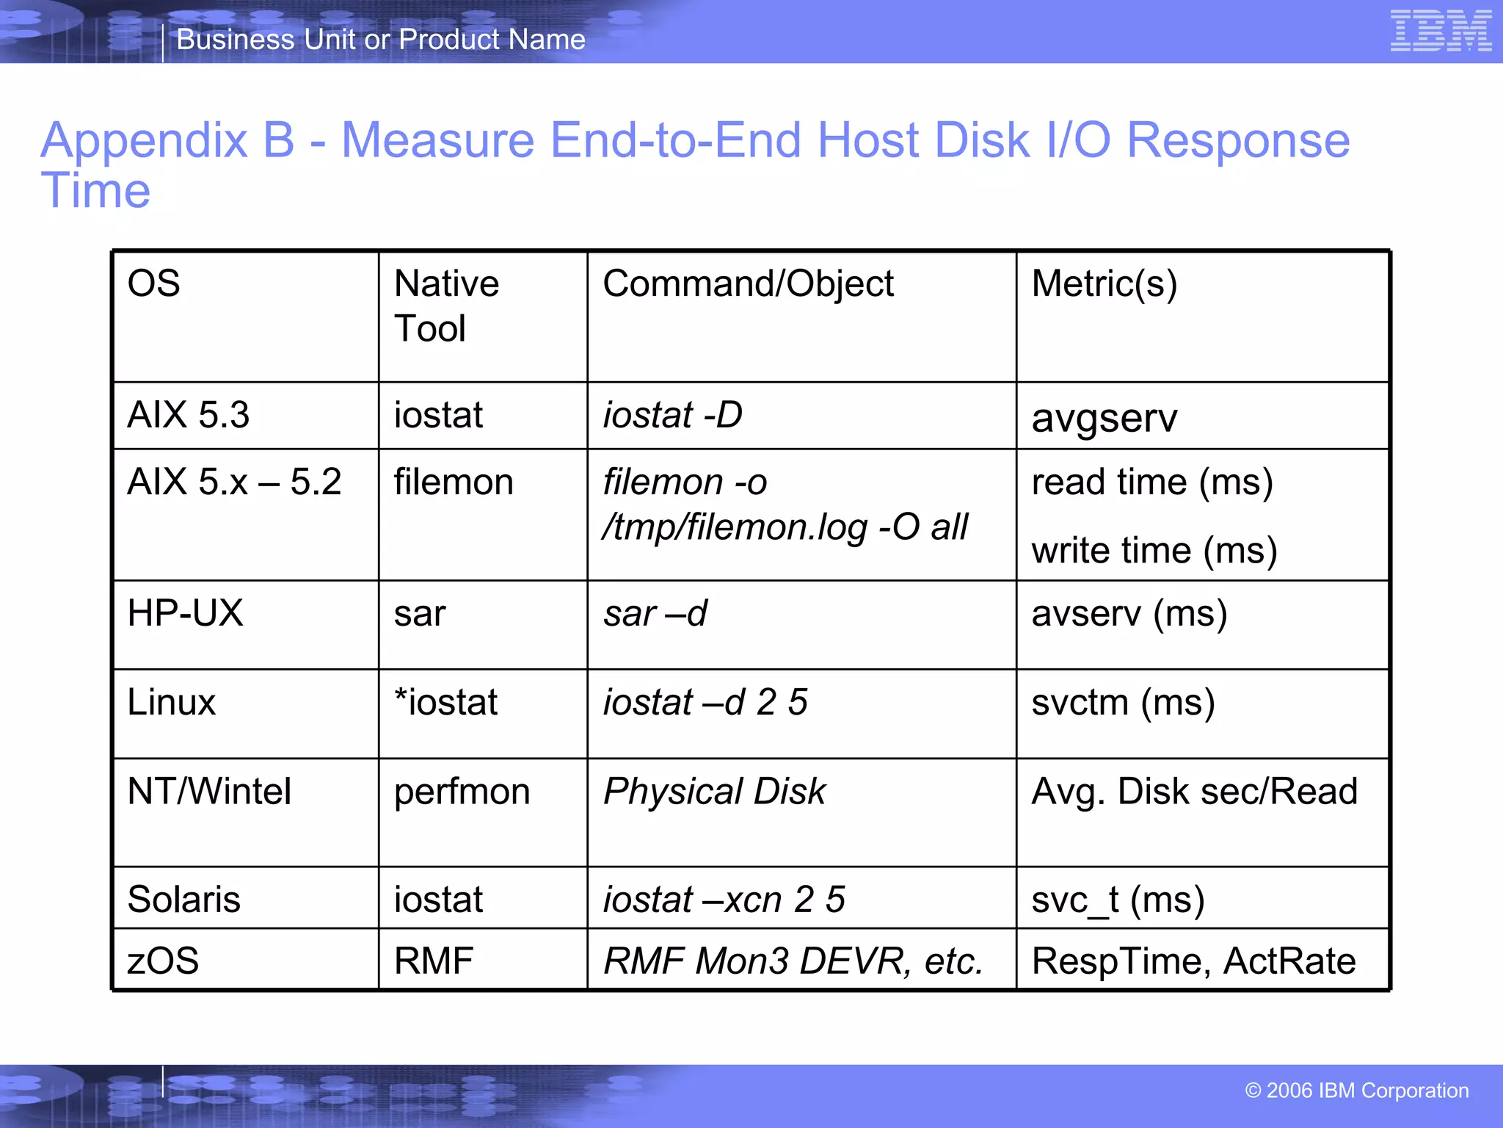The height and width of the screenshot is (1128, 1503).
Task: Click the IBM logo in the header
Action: (x=1441, y=31)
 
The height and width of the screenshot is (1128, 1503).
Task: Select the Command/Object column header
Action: (x=748, y=283)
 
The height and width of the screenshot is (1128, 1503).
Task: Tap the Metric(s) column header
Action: (x=1104, y=283)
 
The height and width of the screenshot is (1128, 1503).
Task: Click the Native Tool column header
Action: (x=446, y=305)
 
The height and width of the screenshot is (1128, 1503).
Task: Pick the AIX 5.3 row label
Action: (x=189, y=415)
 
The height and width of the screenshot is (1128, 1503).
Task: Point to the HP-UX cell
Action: (x=185, y=613)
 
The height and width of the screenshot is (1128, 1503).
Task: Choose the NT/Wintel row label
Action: (x=209, y=792)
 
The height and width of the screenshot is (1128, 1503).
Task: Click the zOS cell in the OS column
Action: (x=163, y=961)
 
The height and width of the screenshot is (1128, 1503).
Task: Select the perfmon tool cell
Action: (x=462, y=792)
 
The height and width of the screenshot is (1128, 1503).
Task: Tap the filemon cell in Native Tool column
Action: (x=454, y=482)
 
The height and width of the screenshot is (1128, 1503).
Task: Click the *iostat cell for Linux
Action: (x=445, y=702)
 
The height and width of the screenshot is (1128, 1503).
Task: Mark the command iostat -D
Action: (x=672, y=415)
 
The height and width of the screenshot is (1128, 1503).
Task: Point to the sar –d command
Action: (x=655, y=613)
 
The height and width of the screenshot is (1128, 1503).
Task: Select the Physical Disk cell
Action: (x=714, y=792)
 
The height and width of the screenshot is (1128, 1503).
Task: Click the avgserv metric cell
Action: (x=1104, y=418)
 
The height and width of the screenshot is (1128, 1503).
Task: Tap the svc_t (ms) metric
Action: (x=1118, y=900)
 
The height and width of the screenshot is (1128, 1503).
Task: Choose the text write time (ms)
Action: (x=1154, y=550)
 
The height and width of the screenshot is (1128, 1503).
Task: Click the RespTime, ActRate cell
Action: (x=1193, y=961)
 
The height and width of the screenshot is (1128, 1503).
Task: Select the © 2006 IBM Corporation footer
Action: (x=1356, y=1091)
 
